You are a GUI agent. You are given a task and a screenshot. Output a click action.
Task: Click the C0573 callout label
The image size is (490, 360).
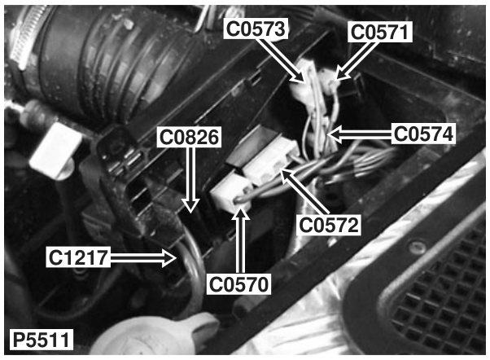pos(256,29)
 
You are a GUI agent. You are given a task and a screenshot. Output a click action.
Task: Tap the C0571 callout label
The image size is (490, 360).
pos(380,33)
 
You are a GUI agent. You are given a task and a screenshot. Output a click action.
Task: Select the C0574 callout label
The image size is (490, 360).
pos(422,134)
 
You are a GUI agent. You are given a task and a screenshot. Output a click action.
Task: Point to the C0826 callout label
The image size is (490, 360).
pos(189,138)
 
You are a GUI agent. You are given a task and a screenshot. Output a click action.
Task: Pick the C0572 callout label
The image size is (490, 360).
pos(329,225)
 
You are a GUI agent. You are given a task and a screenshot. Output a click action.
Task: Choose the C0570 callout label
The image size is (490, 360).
pos(238,284)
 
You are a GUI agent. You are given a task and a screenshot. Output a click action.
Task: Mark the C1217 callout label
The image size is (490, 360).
pos(78,257)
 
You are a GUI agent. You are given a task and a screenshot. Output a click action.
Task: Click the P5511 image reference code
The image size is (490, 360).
pos(41,340)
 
